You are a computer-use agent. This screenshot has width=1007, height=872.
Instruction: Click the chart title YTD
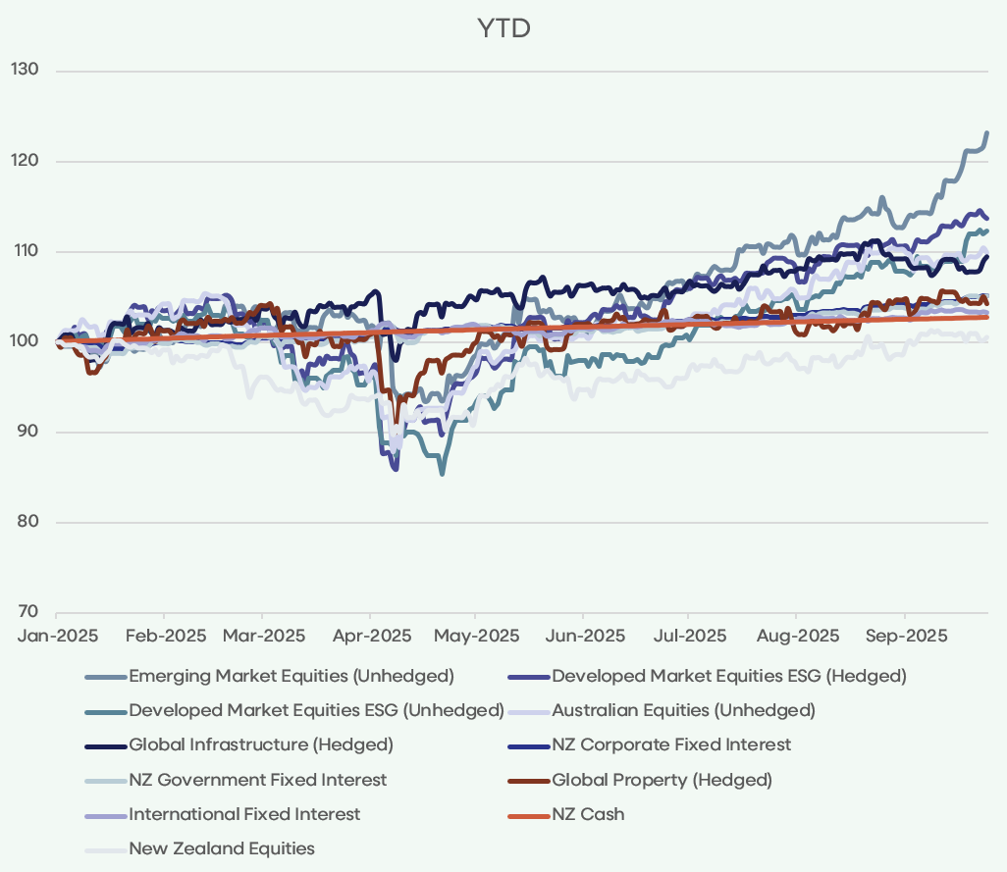(503, 28)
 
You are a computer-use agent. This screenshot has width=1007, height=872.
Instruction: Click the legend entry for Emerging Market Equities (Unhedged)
(291, 676)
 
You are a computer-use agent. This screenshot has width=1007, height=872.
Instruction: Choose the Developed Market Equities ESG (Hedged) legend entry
(728, 676)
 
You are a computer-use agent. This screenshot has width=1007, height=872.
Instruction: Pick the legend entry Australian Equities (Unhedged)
(683, 710)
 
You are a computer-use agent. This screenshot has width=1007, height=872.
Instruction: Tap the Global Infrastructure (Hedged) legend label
(261, 744)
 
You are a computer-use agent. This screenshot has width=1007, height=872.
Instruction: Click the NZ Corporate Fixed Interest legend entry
(671, 744)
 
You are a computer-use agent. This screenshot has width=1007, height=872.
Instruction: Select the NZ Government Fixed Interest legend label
(257, 780)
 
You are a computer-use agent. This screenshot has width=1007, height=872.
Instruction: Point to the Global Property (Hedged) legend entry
(662, 780)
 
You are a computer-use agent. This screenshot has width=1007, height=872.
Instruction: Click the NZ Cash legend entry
(588, 814)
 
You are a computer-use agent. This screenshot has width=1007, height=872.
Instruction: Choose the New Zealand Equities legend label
(222, 848)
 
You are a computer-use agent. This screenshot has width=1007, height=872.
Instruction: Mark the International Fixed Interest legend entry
(244, 814)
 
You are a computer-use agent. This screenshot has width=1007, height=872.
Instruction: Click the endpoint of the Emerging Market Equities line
(986, 132)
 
